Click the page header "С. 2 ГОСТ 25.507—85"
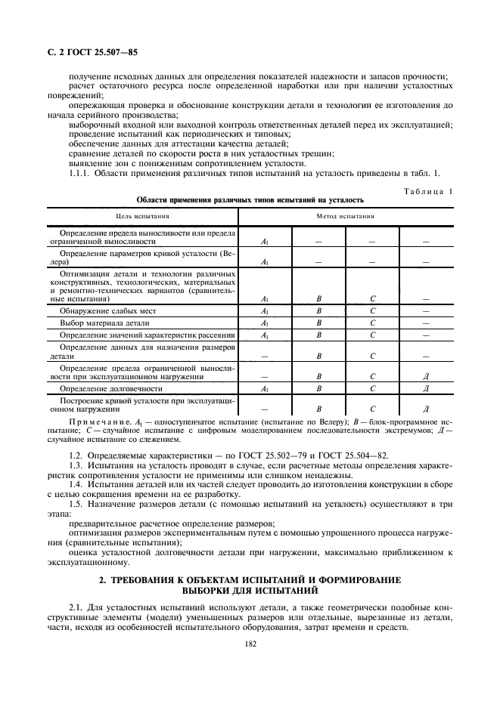tap(88, 52)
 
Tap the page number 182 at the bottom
tap(250, 644)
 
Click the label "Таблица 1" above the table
tap(427, 191)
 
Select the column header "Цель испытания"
tap(142, 216)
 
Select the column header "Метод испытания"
tap(346, 216)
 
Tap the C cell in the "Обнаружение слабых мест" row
tap(373, 310)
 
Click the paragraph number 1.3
tap(74, 466)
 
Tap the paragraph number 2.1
tap(74, 607)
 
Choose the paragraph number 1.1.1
tap(79, 174)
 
